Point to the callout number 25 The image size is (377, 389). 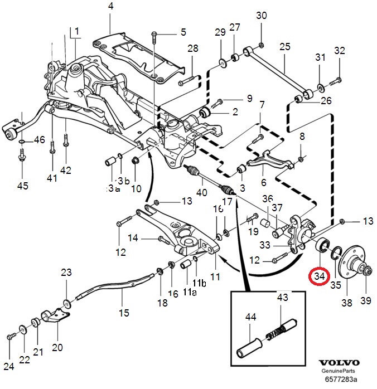pyautogui.click(x=285, y=47)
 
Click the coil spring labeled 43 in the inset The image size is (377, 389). pyautogui.click(x=277, y=335)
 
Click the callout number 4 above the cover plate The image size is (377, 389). pyautogui.click(x=110, y=7)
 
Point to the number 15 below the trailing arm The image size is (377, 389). pyautogui.click(x=124, y=313)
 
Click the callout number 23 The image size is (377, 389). pyautogui.click(x=66, y=273)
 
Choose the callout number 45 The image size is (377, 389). pyautogui.click(x=23, y=185)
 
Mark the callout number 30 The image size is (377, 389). pyautogui.click(x=262, y=15)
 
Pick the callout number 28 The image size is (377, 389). pyautogui.click(x=192, y=49)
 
